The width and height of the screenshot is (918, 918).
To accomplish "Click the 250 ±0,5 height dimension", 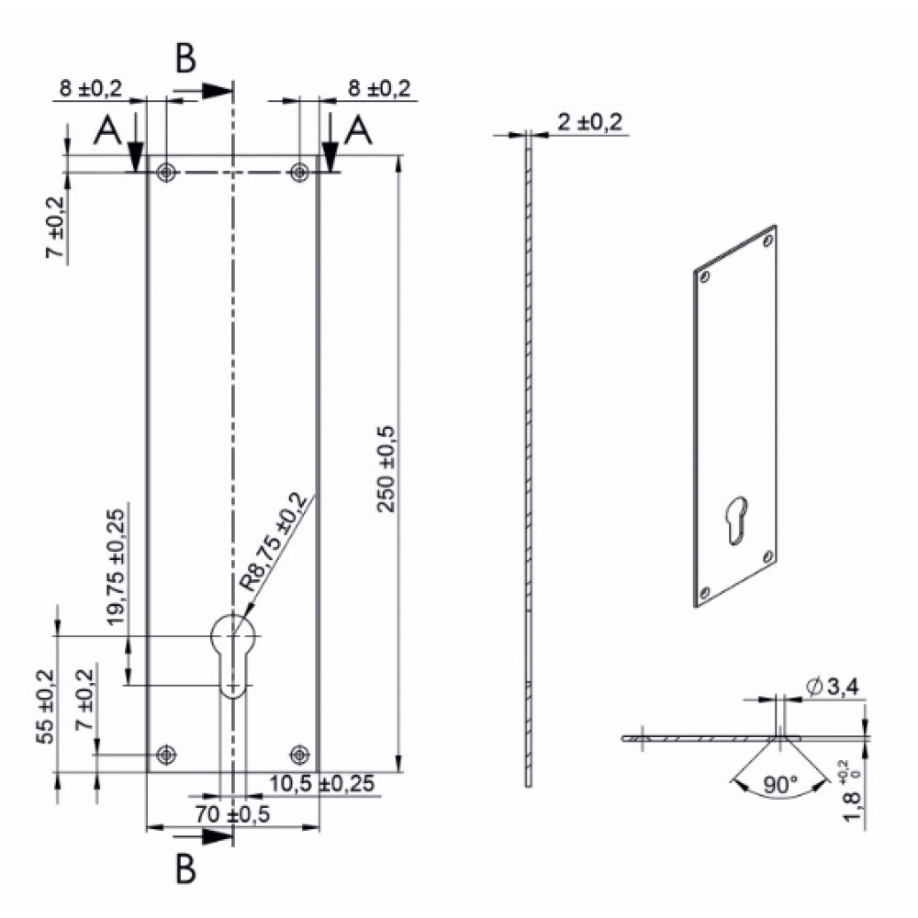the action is (x=386, y=469).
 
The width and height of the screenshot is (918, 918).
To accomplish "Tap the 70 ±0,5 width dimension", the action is (x=232, y=813).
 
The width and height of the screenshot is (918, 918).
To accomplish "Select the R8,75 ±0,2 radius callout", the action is (x=273, y=543).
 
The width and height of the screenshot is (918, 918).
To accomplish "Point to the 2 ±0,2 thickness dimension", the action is (x=590, y=122).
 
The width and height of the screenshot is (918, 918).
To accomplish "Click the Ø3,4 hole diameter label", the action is (x=832, y=686).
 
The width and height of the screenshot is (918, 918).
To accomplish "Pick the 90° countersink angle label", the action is (x=780, y=784).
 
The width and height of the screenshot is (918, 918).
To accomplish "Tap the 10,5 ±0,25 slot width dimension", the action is (x=321, y=783).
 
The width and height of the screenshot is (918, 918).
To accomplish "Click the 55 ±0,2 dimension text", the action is (x=45, y=707).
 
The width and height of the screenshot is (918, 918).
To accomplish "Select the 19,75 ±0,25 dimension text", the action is (x=116, y=567).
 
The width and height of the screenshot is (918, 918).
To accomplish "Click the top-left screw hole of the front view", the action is (x=167, y=173).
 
